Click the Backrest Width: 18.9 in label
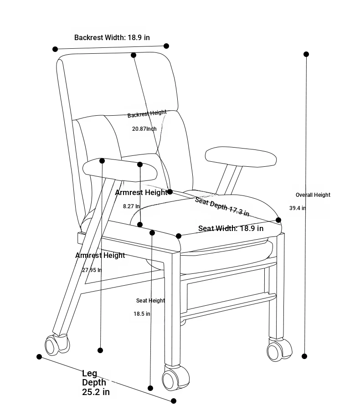[112, 37]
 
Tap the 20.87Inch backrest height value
[144, 129]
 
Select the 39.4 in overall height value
[298, 208]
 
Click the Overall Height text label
[313, 195]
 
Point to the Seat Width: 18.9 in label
[231, 228]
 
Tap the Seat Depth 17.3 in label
[222, 207]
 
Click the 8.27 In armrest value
[131, 206]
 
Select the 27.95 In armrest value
[92, 270]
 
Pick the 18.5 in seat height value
[142, 314]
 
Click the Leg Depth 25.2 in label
[96, 383]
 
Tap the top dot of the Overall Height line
[306, 54]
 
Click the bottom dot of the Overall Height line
[304, 356]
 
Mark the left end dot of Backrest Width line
[55, 49]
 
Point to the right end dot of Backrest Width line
[166, 46]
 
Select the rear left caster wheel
[57, 344]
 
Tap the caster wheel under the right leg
[279, 349]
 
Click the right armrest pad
[241, 157]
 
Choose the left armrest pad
[120, 170]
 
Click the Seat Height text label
[150, 301]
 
